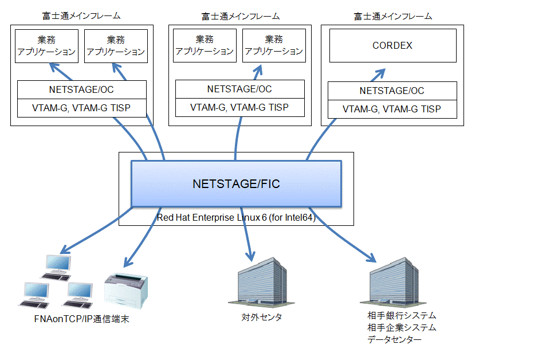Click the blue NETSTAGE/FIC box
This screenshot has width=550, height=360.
pos(236,183)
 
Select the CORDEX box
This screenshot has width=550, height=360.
pos(393,46)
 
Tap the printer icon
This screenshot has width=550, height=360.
pos(126,291)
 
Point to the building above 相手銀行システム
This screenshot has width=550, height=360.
pos(394,282)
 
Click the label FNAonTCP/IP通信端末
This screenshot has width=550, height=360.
pos(82,319)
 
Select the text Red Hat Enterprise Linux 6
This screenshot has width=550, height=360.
pos(211,217)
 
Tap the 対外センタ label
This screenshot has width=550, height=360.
pos(262,317)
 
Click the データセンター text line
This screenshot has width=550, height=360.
pos(394,339)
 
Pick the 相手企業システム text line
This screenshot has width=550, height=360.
pos(402,327)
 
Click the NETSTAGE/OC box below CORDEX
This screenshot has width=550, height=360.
pos(392,91)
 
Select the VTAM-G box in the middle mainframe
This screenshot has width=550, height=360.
pos(240,107)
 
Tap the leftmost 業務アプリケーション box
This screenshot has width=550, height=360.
pos(46,46)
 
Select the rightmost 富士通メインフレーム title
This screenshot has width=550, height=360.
pos(393,16)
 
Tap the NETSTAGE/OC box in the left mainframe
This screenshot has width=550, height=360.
pos(82,89)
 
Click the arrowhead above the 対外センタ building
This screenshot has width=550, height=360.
pos(250,256)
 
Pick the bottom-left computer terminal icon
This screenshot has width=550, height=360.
pos(34,295)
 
